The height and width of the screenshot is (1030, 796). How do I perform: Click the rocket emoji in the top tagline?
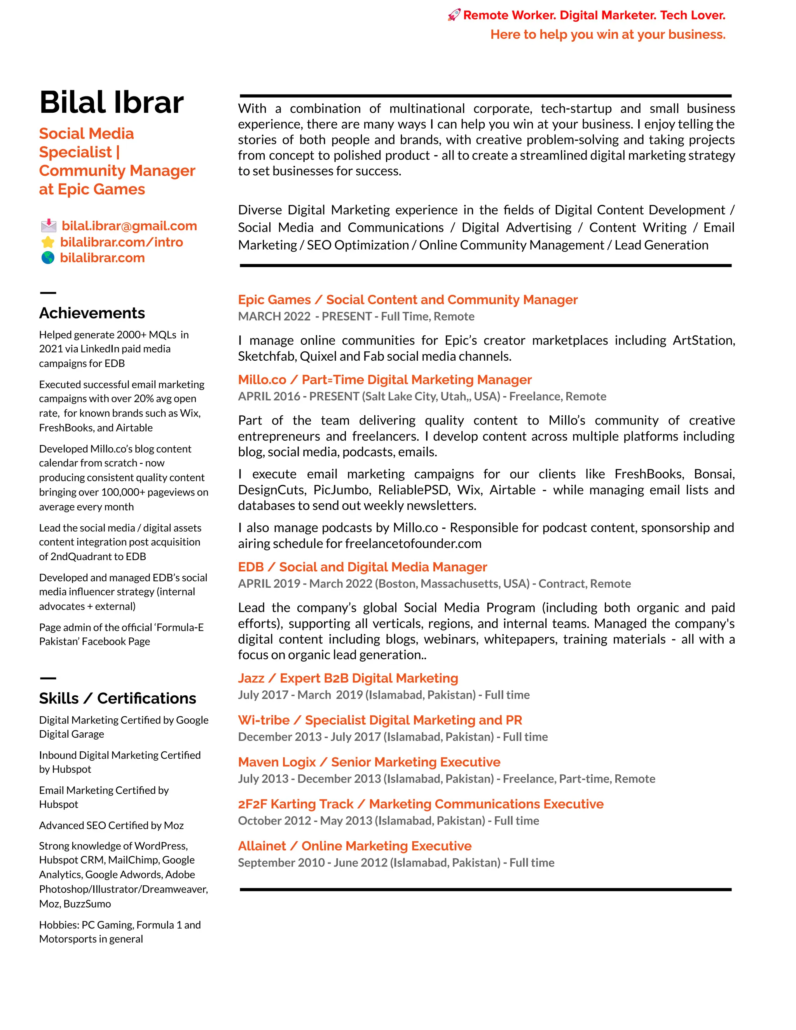pos(454,16)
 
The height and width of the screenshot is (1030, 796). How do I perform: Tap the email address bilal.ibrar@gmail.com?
pos(129,226)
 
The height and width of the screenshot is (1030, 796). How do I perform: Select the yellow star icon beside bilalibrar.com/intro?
pos(48,243)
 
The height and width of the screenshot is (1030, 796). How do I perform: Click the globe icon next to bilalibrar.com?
pos(48,258)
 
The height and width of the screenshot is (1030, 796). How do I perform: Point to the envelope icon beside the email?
pos(48,226)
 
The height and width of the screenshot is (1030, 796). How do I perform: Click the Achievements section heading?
pos(92,313)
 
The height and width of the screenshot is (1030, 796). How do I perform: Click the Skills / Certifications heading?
pos(117,698)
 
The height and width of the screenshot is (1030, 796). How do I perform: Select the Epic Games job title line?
pos(407,300)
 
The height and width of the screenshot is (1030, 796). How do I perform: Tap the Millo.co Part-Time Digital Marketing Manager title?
pos(385,380)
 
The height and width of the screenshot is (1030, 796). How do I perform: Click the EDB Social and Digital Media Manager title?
pos(362,567)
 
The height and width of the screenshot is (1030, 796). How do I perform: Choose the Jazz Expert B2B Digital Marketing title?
pos(348,678)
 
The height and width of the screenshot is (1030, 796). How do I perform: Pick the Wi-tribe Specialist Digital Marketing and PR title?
pos(380,720)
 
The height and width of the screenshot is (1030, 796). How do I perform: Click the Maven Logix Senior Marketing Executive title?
pos(369,762)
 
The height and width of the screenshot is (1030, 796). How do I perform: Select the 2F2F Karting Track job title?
pos(421,804)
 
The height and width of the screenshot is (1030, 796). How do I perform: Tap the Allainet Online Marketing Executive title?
pos(354,846)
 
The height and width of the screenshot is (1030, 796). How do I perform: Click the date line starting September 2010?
pos(396,863)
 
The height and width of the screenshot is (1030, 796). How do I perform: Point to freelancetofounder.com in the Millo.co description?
pos(413,544)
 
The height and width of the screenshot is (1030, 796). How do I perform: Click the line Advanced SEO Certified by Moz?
pos(111,825)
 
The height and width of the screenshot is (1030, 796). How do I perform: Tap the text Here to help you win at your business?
pos(608,35)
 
